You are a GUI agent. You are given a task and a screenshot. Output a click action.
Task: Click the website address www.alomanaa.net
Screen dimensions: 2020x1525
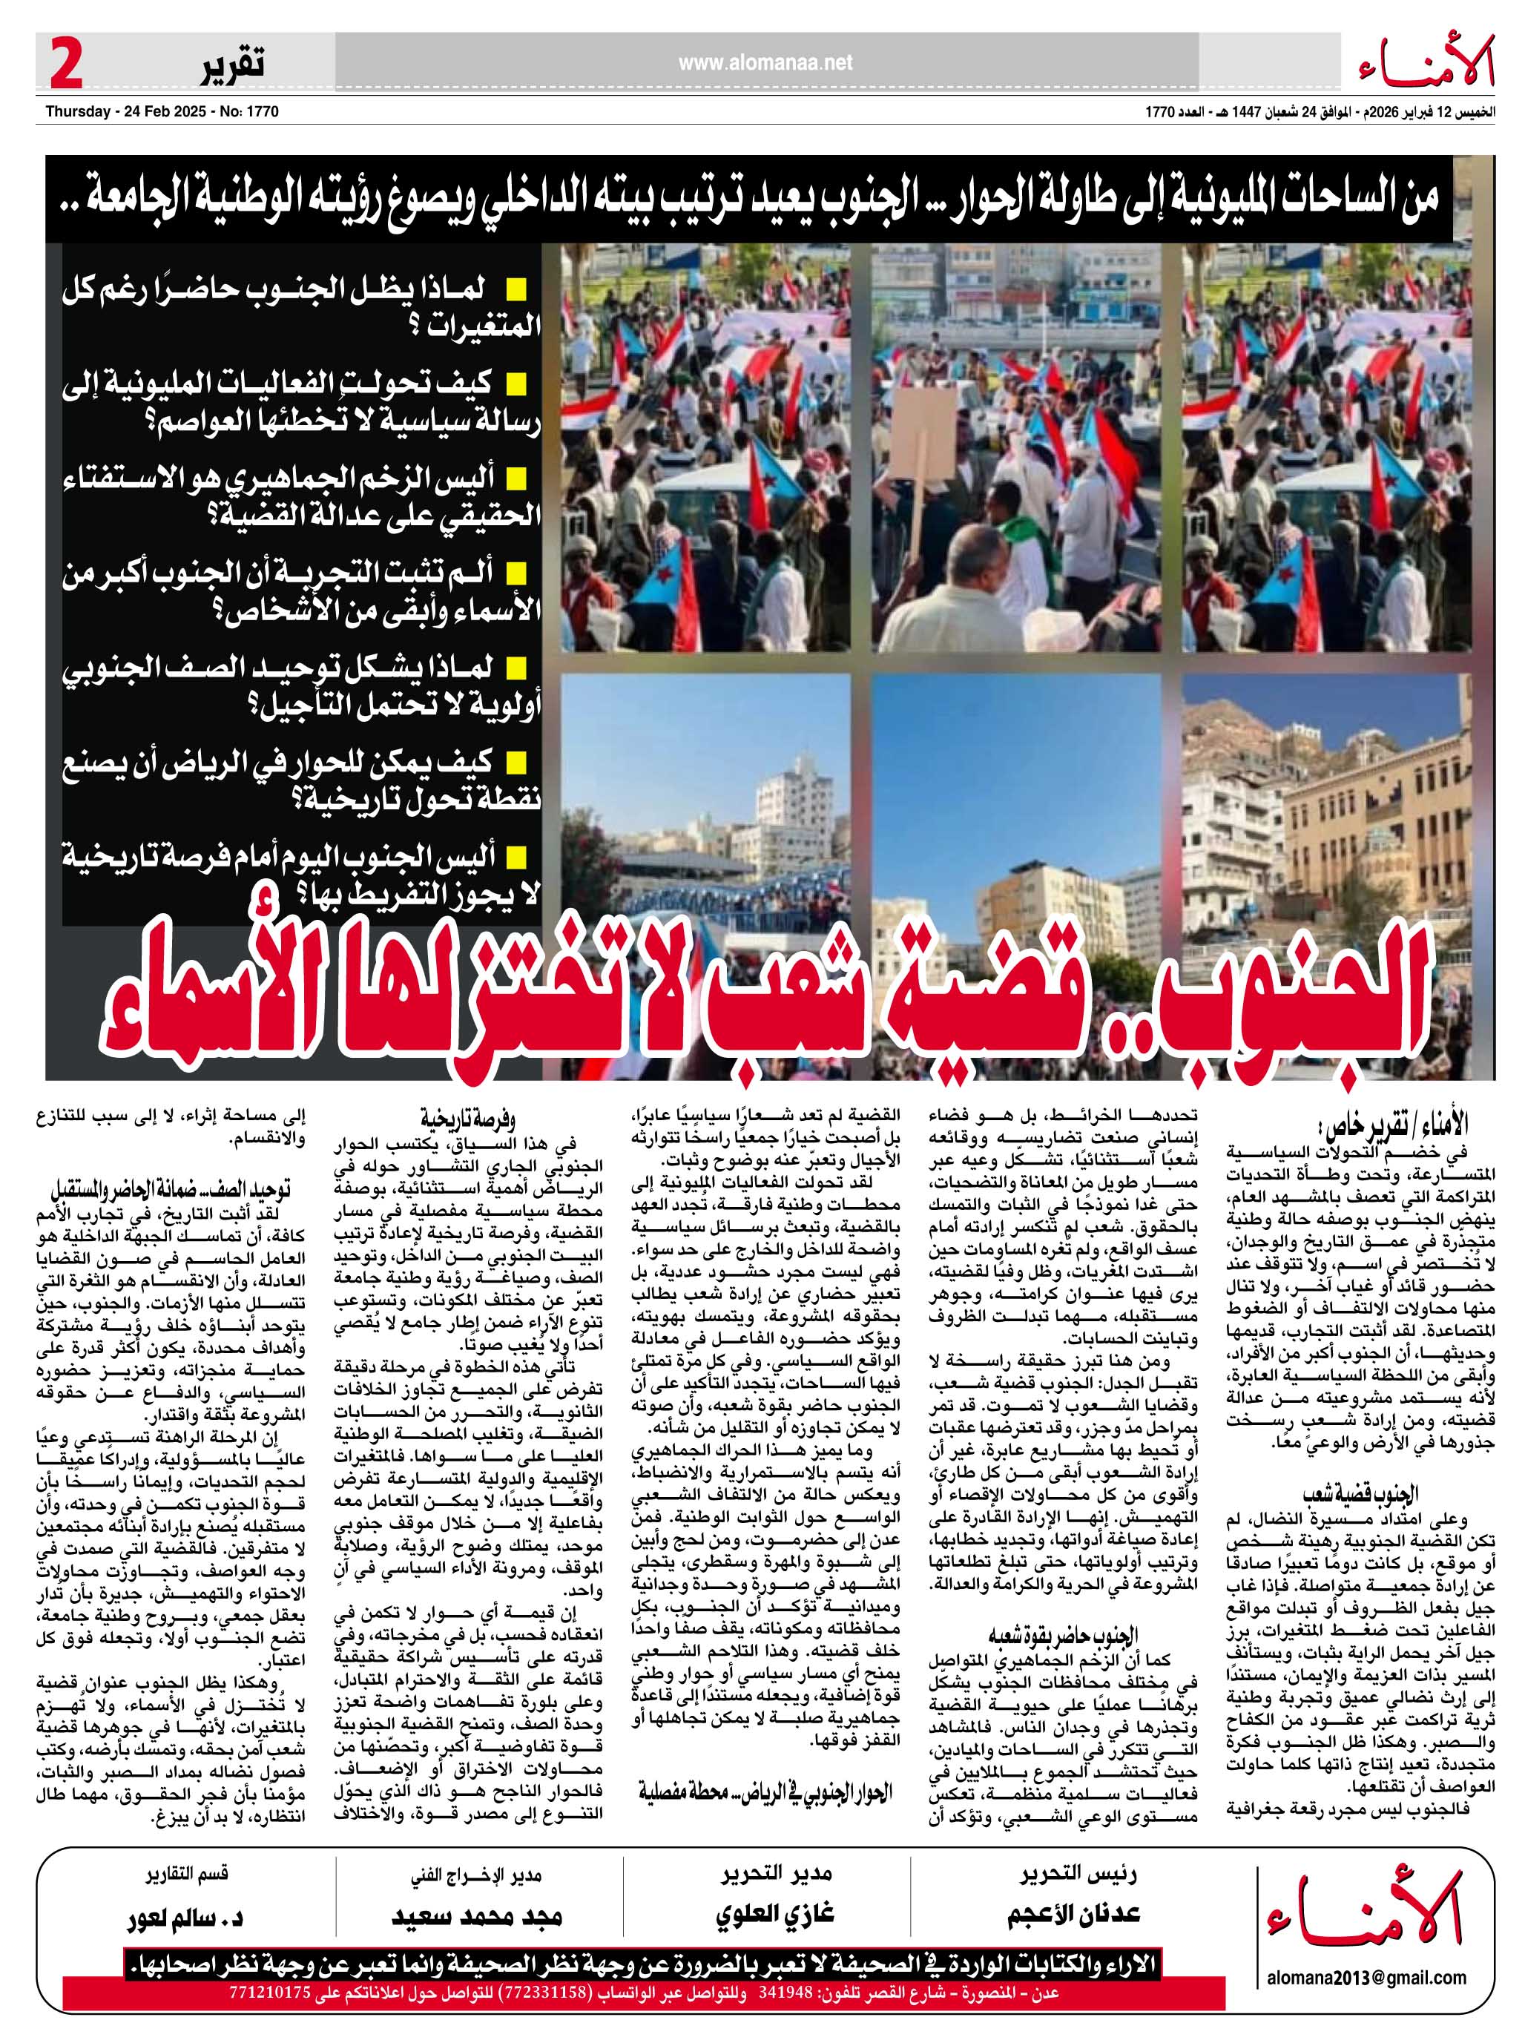point(765,63)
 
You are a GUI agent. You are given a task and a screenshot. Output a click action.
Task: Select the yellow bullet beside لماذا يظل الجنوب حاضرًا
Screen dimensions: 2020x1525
point(518,290)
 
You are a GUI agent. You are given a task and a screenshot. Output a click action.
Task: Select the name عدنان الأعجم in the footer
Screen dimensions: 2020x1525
point(1074,1913)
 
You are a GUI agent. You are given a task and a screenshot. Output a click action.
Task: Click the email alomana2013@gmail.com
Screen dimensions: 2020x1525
point(1366,1971)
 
